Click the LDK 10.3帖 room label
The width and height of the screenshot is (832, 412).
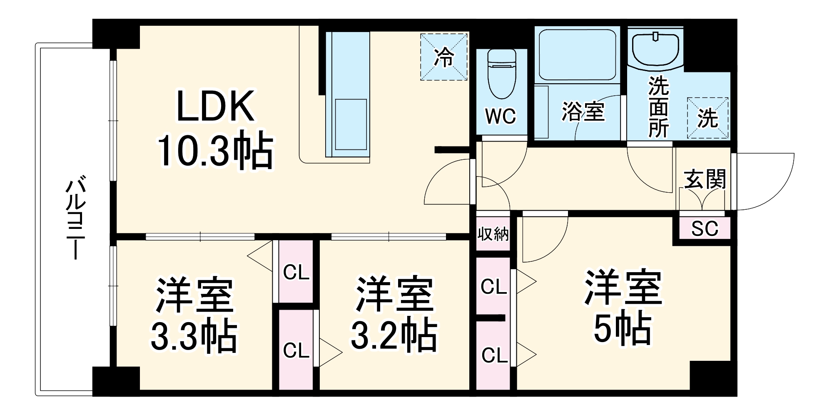(215, 129)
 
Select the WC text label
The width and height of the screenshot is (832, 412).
(501, 117)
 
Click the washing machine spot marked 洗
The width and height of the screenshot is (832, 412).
(707, 118)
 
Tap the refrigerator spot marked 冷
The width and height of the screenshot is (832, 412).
(443, 57)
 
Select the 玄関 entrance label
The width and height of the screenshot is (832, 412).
(705, 179)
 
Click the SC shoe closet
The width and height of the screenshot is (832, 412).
(705, 228)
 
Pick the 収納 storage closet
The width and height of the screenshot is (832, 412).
(493, 234)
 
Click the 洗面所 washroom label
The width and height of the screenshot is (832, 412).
(658, 107)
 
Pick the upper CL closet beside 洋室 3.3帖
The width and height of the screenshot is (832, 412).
(296, 272)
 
